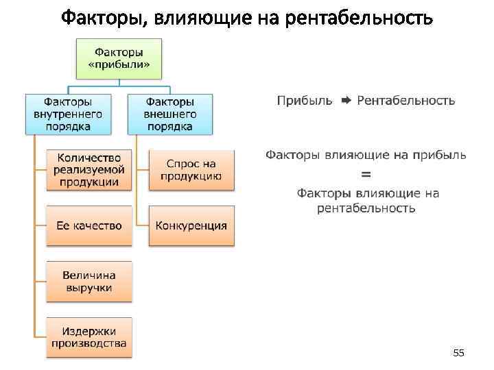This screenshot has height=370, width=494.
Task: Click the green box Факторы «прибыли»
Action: coord(119,59)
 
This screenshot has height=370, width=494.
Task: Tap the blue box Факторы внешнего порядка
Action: coord(169,114)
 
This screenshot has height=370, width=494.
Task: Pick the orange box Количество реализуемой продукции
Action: coord(89,170)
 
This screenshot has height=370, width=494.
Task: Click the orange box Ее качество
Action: coord(89,225)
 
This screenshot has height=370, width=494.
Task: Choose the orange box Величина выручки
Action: coord(89,281)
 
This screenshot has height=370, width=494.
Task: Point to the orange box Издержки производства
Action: coord(89,336)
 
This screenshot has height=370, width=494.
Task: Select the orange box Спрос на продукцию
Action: coord(191,170)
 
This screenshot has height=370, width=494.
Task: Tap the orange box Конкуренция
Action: coord(191,225)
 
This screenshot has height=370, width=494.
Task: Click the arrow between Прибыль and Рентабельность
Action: coord(346,101)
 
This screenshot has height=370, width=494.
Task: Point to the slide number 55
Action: coord(458,353)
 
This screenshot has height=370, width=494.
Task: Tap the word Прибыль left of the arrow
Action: coord(305,101)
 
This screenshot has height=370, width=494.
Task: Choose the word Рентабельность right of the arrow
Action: coord(405,101)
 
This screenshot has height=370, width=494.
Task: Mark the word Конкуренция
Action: coord(191,225)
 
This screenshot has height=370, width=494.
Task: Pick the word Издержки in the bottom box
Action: coord(89,330)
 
